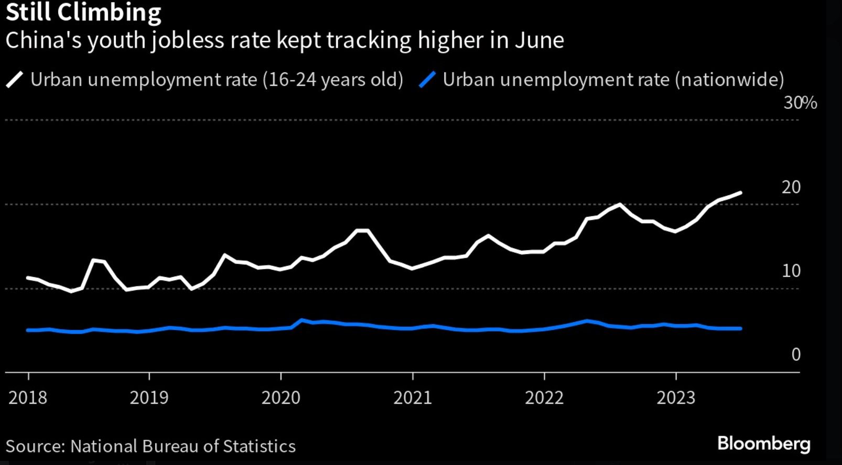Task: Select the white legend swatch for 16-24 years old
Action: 15,80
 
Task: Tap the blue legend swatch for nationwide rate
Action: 427,80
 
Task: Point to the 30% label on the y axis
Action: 800,103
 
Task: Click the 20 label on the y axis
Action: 791,187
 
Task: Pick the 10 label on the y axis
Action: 791,271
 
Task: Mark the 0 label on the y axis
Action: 796,355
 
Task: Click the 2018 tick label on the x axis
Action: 28,397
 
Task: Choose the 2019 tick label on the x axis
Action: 149,397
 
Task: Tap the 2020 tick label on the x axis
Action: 281,397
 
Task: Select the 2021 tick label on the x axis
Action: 413,397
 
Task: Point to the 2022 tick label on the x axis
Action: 544,397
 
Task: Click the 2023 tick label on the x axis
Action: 676,397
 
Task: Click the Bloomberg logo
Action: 763,444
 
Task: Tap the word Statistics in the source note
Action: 259,446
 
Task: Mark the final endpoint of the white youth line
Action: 740,193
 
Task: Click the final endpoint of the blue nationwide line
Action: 740,328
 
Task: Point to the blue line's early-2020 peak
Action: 302,320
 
